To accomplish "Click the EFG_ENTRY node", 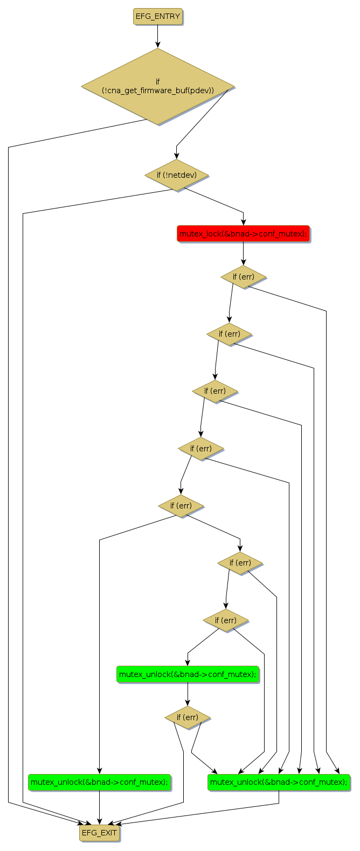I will click(158, 17).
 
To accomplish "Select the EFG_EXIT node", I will click(99, 833).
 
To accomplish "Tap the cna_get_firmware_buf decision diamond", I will click(158, 87).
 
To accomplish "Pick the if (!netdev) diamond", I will click(176, 175).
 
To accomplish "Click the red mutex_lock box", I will click(243, 234).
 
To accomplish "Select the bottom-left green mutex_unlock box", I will click(99, 782).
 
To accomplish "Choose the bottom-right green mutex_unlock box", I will click(279, 782).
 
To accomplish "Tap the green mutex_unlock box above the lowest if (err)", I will click(188, 674).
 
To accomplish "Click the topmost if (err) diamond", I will click(244, 277).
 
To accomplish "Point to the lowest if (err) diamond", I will click(187, 717).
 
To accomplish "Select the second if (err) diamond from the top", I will click(230, 334).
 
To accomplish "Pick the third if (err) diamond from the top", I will click(215, 391).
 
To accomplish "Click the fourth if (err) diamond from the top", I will click(200, 448).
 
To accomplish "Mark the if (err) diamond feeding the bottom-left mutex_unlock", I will click(181, 506).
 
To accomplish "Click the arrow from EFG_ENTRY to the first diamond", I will click(158, 37).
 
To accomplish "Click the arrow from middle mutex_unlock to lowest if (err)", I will click(188, 695).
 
